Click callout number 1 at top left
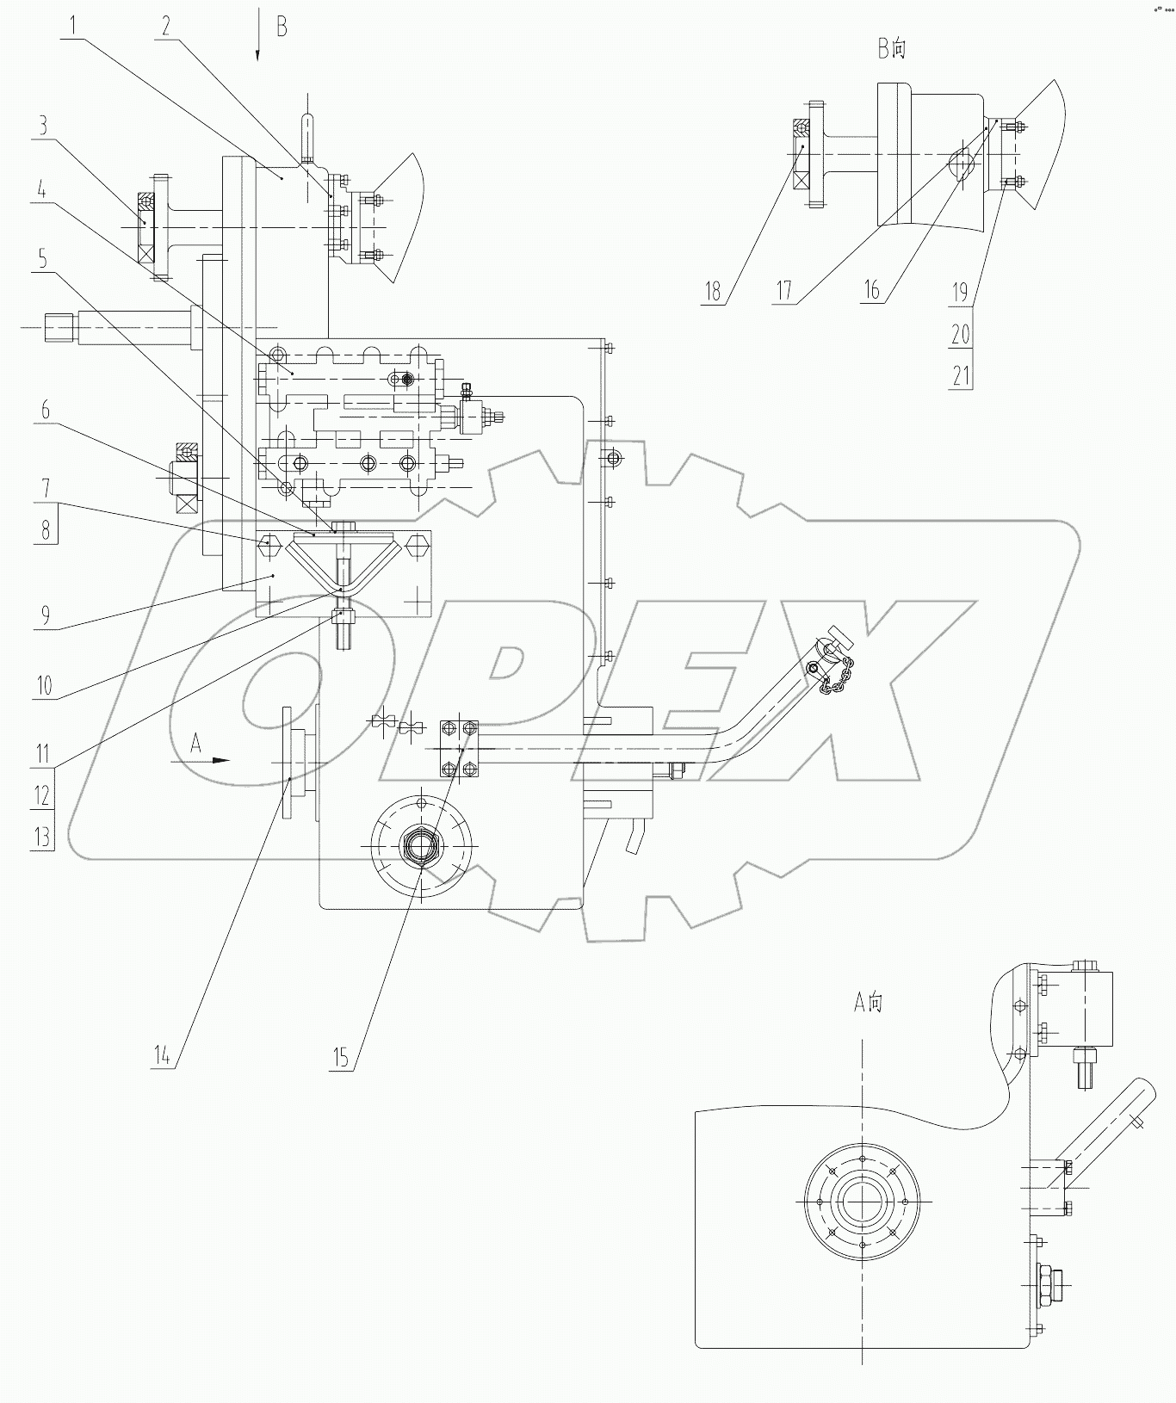tap(75, 25)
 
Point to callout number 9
tap(43, 615)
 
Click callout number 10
tap(43, 686)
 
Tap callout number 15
tap(342, 1056)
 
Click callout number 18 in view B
tap(712, 291)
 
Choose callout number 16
tap(872, 289)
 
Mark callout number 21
tap(961, 375)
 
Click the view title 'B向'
tap(892, 49)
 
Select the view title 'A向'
tap(868, 1002)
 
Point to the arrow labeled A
tap(209, 759)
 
